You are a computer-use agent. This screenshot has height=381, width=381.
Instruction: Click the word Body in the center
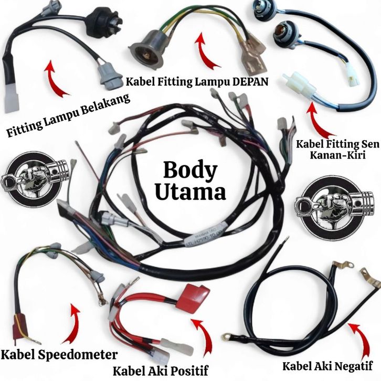point(190,172)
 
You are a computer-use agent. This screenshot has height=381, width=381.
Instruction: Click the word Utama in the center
point(190,192)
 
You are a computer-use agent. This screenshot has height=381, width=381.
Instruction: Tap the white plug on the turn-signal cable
point(292,82)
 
